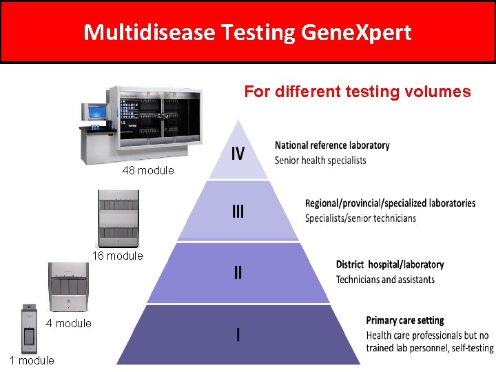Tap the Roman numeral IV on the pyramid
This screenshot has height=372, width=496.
pyautogui.click(x=238, y=153)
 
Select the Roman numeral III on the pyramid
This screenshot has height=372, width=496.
pyautogui.click(x=238, y=211)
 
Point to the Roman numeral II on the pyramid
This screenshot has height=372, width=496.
pyautogui.click(x=238, y=272)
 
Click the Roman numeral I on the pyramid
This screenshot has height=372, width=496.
pyautogui.click(x=238, y=335)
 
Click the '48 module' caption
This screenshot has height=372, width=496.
pyautogui.click(x=148, y=170)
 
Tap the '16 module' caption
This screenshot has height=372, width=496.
pyautogui.click(x=118, y=256)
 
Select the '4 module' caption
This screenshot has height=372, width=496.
pyautogui.click(x=68, y=324)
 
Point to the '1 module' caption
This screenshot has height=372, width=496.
pyautogui.click(x=32, y=360)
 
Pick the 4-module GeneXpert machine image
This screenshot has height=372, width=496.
pyautogui.click(x=69, y=287)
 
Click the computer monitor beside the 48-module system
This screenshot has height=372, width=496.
pyautogui.click(x=93, y=112)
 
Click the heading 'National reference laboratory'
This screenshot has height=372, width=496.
pyautogui.click(x=332, y=145)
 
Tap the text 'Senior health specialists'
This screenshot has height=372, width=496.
pyautogui.click(x=320, y=161)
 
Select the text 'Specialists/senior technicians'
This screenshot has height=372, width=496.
pyautogui.click(x=360, y=218)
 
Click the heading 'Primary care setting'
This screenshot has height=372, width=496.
pyautogui.click(x=405, y=320)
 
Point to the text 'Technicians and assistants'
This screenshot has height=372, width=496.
pyautogui.click(x=385, y=279)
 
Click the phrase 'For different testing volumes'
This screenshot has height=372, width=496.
pyautogui.click(x=358, y=92)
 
